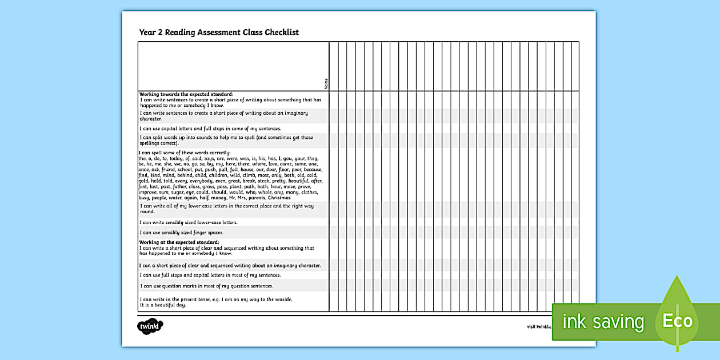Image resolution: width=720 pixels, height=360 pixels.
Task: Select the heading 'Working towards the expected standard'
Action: click(x=186, y=94)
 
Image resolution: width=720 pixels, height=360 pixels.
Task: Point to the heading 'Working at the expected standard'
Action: click(x=179, y=242)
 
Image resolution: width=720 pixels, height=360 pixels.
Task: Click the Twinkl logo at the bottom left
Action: click(x=150, y=326)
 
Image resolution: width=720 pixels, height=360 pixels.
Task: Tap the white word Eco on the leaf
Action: click(x=677, y=321)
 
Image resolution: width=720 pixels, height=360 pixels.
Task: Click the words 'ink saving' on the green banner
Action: click(x=603, y=322)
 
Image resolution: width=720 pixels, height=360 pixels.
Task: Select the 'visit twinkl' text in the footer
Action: click(x=538, y=327)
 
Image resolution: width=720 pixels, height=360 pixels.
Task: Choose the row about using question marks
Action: click(x=207, y=286)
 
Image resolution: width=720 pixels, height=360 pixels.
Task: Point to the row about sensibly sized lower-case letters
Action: click(x=189, y=222)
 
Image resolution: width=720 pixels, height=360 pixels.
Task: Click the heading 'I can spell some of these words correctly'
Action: click(x=185, y=153)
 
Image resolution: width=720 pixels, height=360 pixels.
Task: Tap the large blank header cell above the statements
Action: click(x=233, y=66)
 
